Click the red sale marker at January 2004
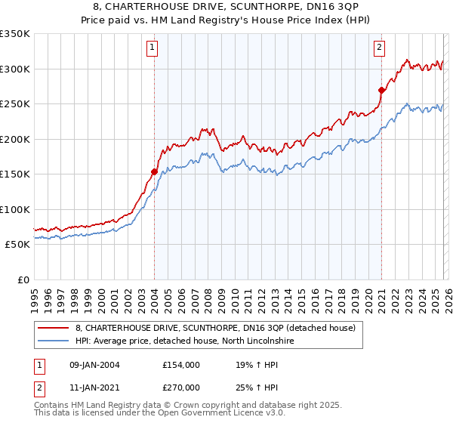click(x=154, y=171)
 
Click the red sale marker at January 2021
click(x=381, y=90)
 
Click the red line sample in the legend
click(x=54, y=327)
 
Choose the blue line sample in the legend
click(x=54, y=341)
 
